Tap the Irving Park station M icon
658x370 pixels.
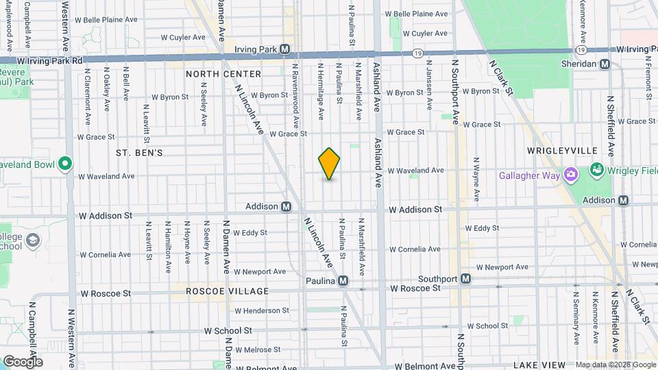coord(284,49)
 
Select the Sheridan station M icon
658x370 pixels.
coord(605,64)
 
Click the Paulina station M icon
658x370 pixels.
coord(343,281)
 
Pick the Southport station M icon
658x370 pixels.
coord(465,279)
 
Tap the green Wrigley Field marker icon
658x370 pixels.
coord(596,169)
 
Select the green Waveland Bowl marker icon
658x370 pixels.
coord(65,164)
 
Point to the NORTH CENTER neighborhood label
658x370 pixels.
coord(223,74)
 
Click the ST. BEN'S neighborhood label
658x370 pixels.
coord(139,152)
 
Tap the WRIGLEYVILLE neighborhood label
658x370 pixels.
coord(562,150)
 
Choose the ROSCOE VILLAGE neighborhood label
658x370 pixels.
coord(218,291)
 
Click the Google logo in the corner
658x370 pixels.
coord(23,361)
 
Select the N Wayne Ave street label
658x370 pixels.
coord(476,179)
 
